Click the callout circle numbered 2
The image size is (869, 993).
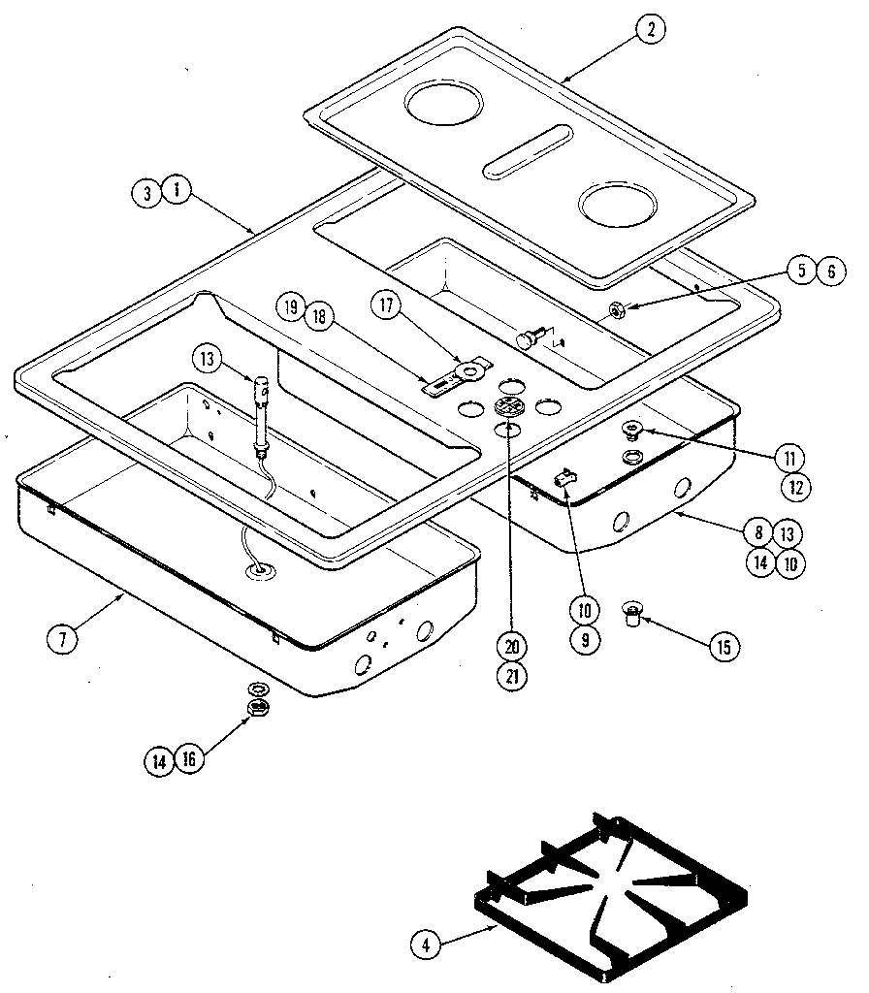tap(650, 29)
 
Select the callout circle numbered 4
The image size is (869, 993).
tap(424, 942)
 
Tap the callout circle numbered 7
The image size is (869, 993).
tap(62, 638)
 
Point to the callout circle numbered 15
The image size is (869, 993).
tap(722, 647)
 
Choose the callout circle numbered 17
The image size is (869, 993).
tap(386, 304)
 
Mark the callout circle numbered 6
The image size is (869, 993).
tap(829, 272)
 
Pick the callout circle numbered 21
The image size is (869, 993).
tap(511, 677)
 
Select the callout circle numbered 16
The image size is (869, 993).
tap(189, 760)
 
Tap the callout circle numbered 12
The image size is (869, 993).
tap(794, 487)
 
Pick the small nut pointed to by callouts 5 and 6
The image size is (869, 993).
tap(614, 310)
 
